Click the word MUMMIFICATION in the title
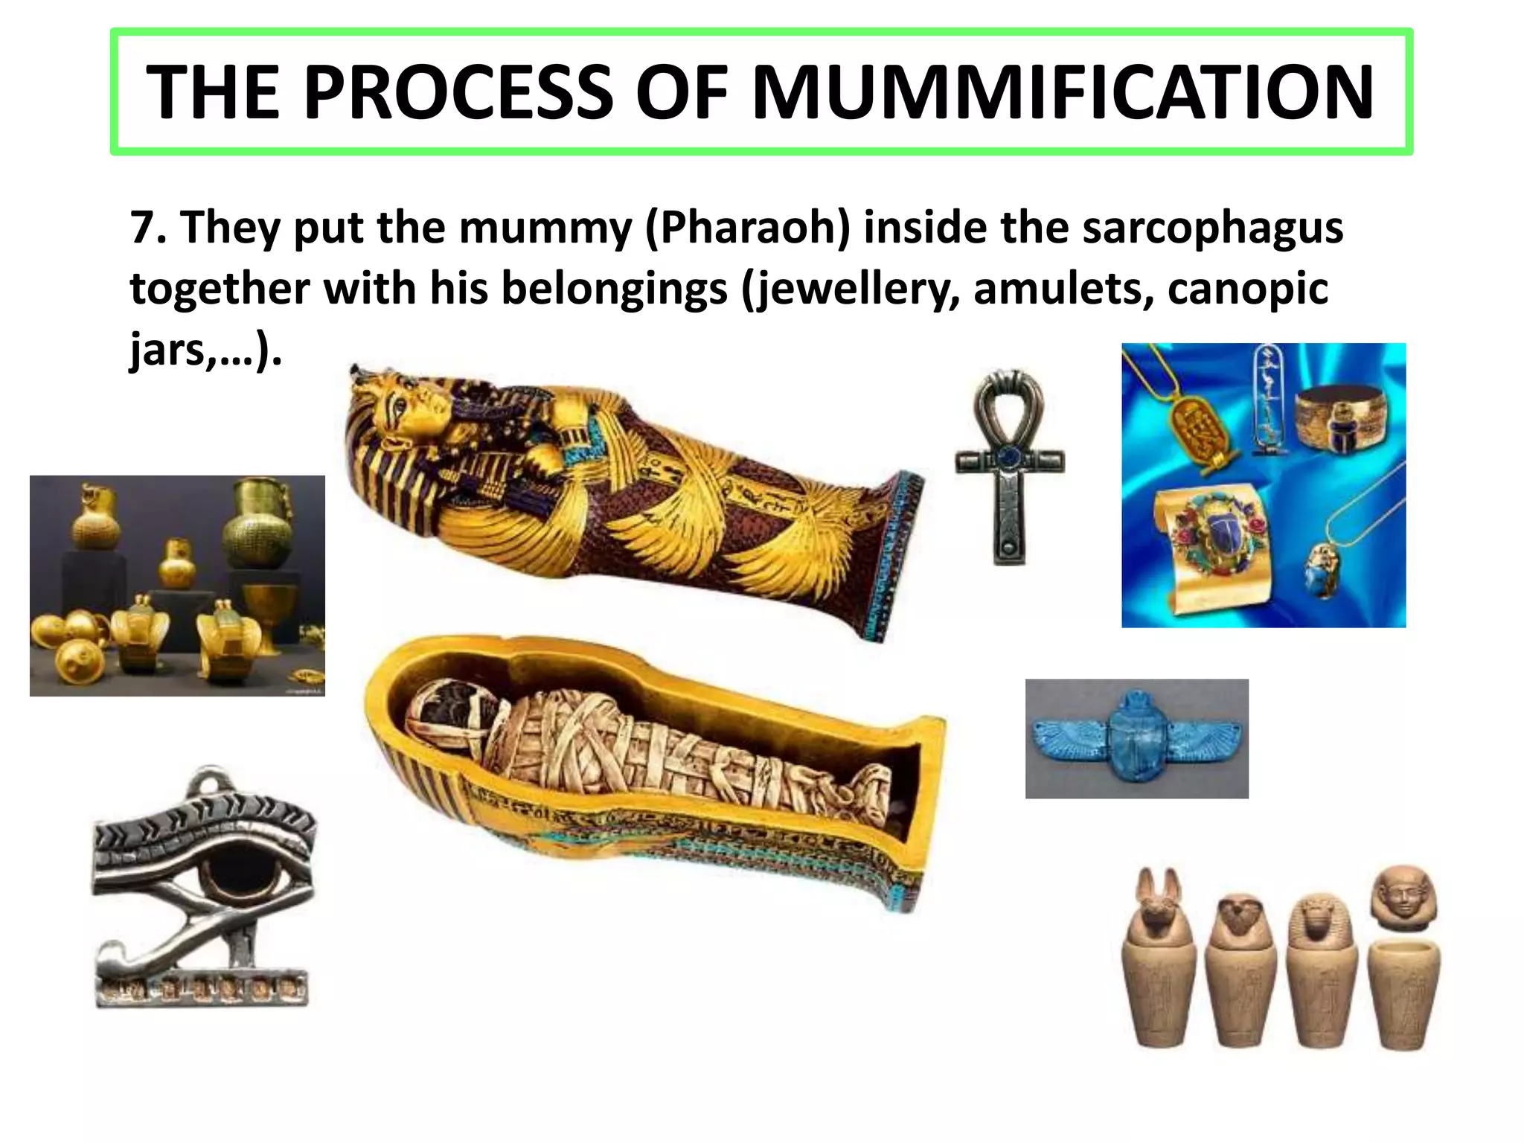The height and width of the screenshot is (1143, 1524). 1063,92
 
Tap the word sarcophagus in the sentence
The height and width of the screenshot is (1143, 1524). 1212,227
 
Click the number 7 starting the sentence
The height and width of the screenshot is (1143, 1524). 141,227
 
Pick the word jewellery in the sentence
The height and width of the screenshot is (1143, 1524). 854,289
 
